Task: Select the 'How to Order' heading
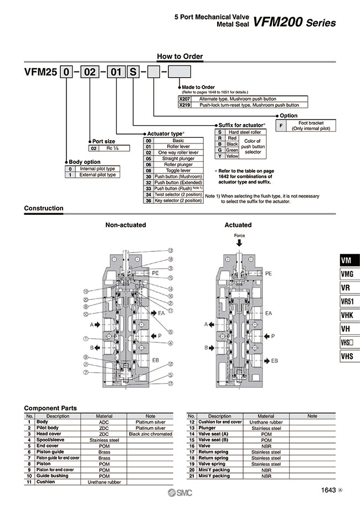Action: pos(180,56)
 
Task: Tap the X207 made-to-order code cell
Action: pos(184,98)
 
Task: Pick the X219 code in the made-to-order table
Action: pos(184,104)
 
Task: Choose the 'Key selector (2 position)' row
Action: pos(178,200)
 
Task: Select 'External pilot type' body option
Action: pos(97,174)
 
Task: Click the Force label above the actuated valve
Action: pos(239,235)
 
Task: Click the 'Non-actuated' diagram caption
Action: pos(126,225)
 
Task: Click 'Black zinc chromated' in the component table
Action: pos(150,434)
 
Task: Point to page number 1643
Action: pos(328,490)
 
